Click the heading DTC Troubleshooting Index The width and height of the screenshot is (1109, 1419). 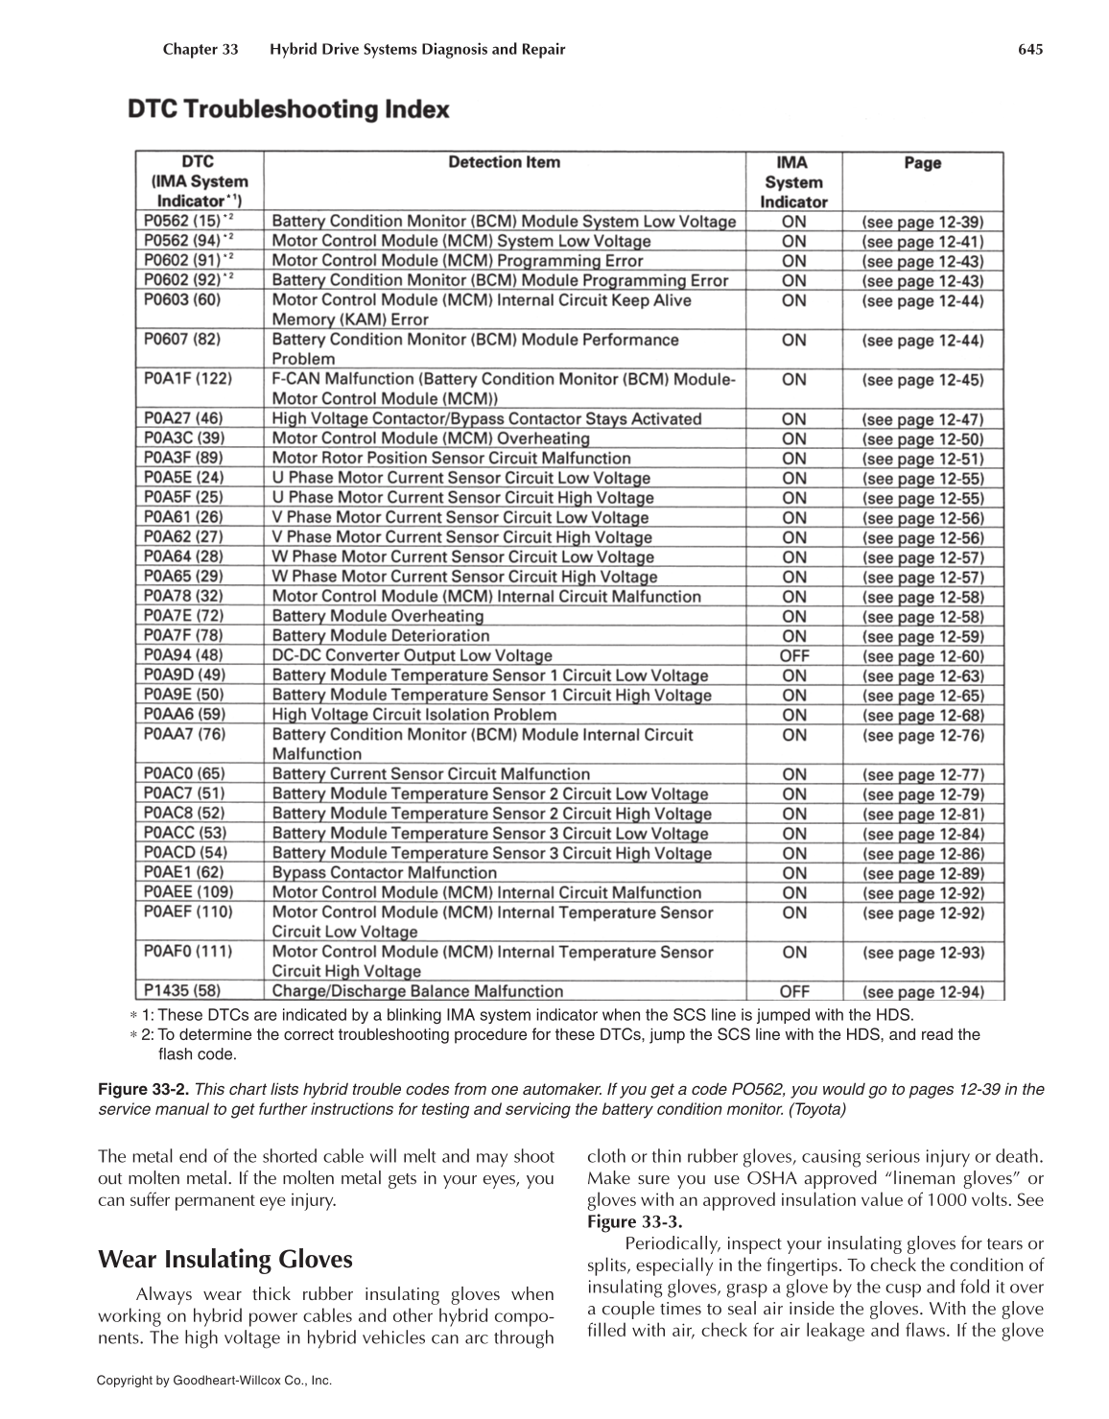click(x=288, y=109)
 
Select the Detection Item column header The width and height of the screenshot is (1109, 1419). click(x=504, y=163)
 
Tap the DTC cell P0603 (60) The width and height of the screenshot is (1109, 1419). click(x=182, y=300)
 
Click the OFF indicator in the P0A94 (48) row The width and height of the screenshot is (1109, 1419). click(x=793, y=656)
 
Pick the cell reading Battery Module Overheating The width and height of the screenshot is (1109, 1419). click(x=378, y=616)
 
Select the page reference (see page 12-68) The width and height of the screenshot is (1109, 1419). click(x=922, y=716)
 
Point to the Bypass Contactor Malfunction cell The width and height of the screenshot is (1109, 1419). click(x=384, y=873)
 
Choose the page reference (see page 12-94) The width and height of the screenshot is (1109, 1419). click(x=922, y=992)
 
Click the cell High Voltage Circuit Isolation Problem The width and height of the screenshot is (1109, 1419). click(x=413, y=715)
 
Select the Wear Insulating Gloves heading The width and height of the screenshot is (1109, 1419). click(x=225, y=1259)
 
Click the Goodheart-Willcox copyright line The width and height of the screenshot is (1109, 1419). click(x=214, y=1381)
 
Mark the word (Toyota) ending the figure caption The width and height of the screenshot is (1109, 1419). click(x=816, y=1109)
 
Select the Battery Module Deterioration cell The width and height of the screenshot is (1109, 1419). click(x=381, y=636)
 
